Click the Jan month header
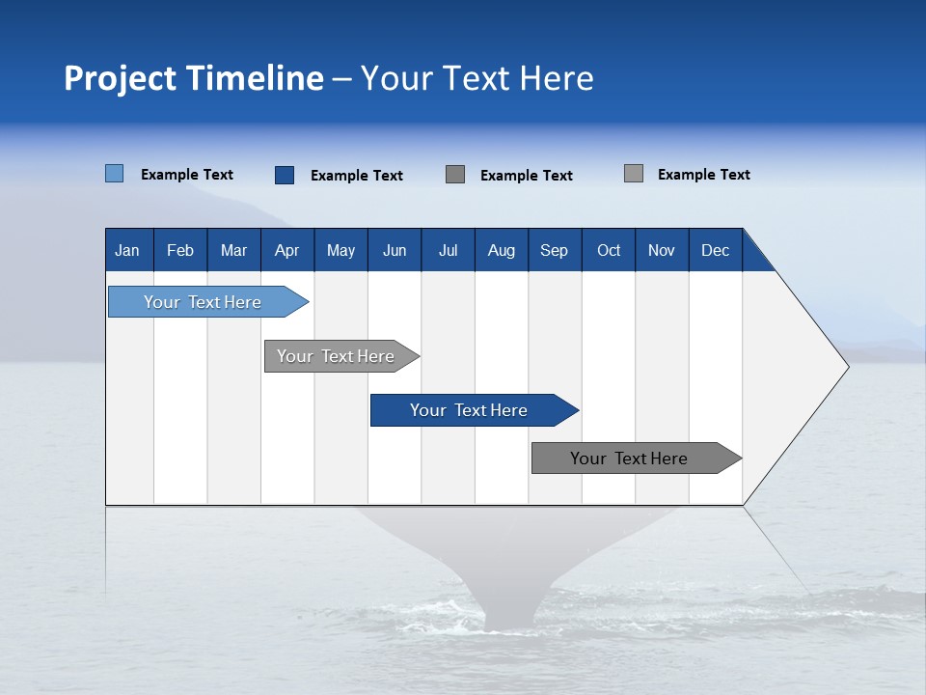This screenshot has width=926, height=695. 127,250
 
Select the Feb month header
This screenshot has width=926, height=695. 180,250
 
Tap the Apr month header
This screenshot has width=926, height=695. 286,250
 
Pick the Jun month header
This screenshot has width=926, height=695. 395,250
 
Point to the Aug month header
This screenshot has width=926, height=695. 502,250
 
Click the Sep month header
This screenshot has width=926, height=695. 554,250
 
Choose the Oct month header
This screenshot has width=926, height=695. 609,250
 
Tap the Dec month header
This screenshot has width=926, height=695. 716,250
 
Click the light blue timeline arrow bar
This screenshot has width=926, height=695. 203,302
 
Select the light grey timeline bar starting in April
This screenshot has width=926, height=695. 336,356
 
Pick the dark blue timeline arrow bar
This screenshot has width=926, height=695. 469,410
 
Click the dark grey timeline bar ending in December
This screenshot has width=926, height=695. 629,459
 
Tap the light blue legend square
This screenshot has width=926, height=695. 114,174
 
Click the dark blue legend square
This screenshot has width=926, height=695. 284,175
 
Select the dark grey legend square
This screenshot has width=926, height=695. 455,174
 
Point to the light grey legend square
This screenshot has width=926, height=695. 633,174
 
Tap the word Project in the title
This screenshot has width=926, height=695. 119,78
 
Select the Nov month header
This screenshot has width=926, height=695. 662,250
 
